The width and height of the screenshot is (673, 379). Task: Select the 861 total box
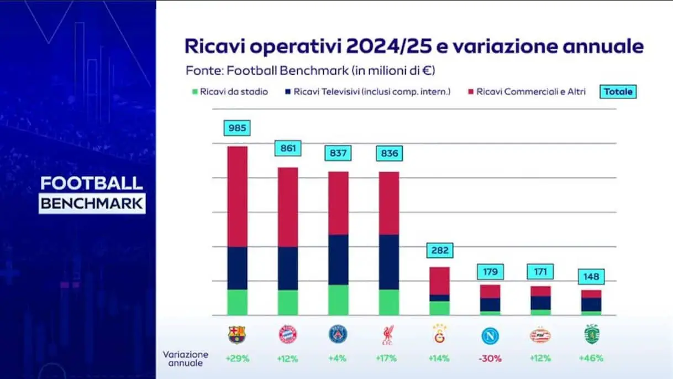coord(288,148)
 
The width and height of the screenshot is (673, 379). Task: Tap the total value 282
coord(439,250)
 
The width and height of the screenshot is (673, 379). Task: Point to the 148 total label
coord(591,276)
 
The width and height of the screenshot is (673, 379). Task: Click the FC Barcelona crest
coord(237,334)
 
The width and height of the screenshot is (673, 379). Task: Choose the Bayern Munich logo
coord(288,334)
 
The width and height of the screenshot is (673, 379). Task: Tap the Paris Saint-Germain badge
coord(338,334)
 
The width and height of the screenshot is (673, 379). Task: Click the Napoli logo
coord(490,335)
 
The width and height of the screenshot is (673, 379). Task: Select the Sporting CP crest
coord(591,334)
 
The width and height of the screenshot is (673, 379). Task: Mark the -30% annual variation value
coord(490,358)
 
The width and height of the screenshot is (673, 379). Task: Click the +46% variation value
coord(591,358)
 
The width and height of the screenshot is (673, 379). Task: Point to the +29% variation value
coord(238,358)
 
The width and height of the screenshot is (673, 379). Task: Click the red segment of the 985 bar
coord(238,196)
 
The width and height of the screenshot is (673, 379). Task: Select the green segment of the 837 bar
coord(338,300)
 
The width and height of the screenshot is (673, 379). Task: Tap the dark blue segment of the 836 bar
coord(388,262)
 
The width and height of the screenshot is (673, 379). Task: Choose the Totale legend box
coord(618,91)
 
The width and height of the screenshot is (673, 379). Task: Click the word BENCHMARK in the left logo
coord(92,203)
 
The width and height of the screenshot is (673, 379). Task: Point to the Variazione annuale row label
coord(186,359)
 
